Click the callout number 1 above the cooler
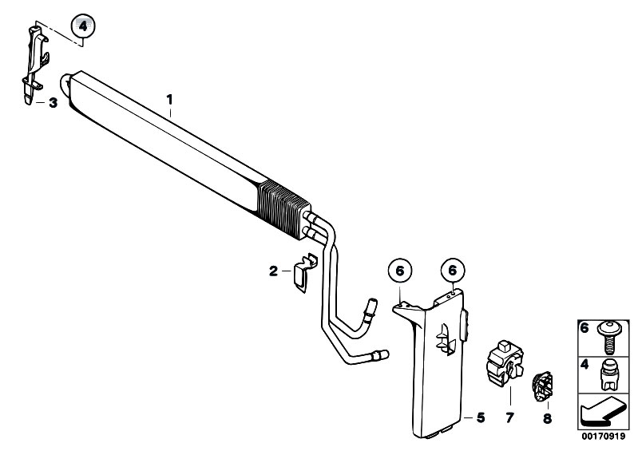[169, 100]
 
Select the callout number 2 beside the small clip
[273, 271]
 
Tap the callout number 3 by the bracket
[53, 103]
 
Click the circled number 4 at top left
[83, 27]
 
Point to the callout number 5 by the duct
[481, 417]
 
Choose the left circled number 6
[400, 271]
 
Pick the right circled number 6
[453, 270]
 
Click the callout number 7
[509, 417]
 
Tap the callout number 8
[547, 418]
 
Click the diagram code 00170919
[604, 437]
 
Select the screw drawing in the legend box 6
[608, 338]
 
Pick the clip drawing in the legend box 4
[608, 375]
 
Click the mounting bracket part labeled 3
[36, 65]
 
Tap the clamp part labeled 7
[505, 363]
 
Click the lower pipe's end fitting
[380, 355]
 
